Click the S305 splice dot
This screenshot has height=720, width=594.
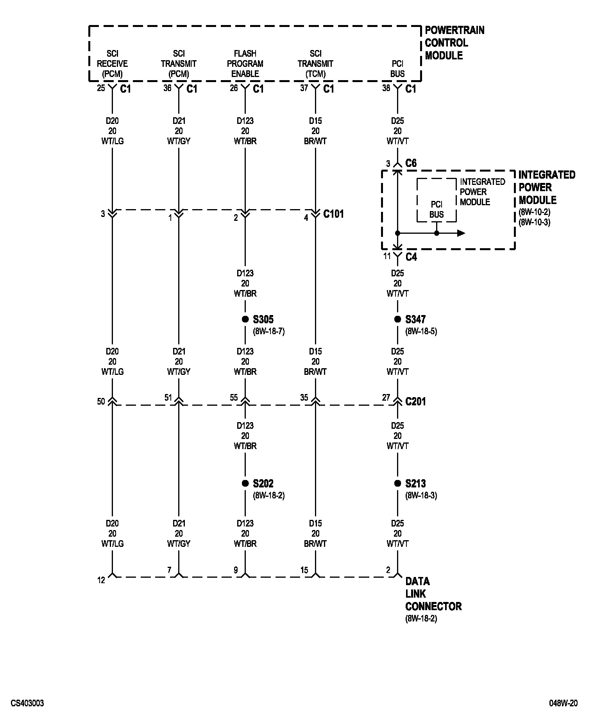[245, 319]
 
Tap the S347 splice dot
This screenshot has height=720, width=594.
[397, 319]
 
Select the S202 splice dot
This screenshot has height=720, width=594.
[245, 484]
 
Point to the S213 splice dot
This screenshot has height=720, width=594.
[397, 484]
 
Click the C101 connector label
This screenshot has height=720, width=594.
[333, 214]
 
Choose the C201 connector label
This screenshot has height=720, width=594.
[415, 401]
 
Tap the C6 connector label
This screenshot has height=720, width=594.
[411, 163]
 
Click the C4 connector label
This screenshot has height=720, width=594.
[411, 257]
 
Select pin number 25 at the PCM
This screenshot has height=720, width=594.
[101, 88]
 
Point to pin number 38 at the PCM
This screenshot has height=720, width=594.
[386, 88]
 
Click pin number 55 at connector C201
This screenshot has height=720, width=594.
[234, 398]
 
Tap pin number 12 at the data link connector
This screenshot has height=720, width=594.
[101, 580]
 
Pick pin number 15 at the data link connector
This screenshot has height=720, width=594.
[304, 570]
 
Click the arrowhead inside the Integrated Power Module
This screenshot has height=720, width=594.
[461, 233]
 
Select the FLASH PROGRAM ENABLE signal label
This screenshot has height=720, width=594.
[245, 63]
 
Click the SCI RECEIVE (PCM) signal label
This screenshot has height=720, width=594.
[112, 63]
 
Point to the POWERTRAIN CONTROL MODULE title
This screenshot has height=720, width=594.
[454, 43]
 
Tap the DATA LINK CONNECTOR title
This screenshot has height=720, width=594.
[433, 594]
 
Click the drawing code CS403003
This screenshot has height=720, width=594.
[27, 704]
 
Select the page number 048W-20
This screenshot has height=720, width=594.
[563, 704]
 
